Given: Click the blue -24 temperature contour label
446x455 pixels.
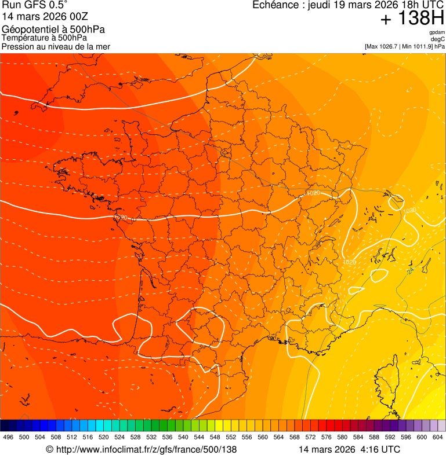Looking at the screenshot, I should click(x=410, y=270).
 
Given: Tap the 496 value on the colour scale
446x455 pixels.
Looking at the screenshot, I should click(x=8, y=437).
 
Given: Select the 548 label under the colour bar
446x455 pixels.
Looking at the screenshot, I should click(x=215, y=437).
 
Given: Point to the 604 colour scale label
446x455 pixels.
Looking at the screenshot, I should click(x=437, y=437).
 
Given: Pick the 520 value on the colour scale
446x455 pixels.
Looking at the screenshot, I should click(x=103, y=437).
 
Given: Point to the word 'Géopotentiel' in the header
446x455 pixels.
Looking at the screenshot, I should click(x=27, y=30).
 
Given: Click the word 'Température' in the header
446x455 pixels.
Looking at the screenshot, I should click(x=26, y=38).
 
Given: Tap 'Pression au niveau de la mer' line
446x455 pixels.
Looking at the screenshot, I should click(x=56, y=46).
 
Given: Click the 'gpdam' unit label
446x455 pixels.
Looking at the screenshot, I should click(x=437, y=32).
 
